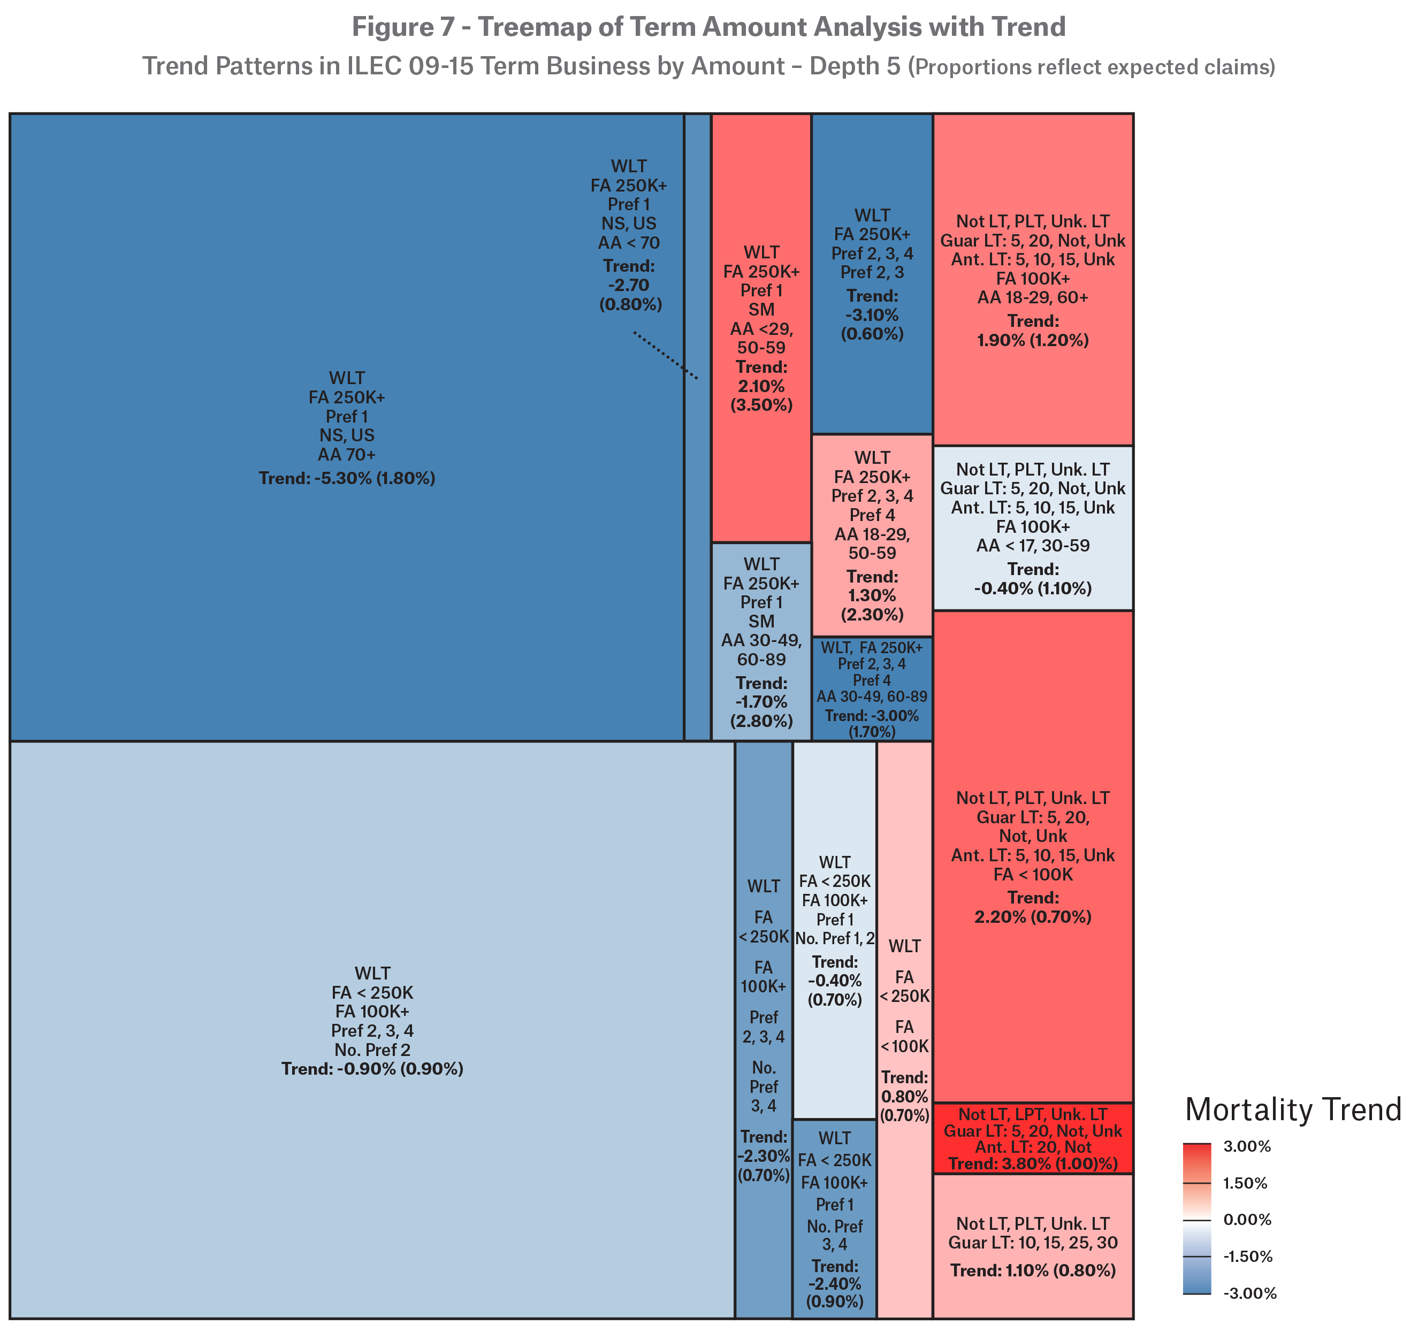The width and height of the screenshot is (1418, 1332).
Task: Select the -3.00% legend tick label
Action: [1249, 1293]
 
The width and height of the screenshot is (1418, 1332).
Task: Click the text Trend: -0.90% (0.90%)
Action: [372, 1069]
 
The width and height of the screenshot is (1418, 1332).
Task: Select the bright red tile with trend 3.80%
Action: [1033, 1139]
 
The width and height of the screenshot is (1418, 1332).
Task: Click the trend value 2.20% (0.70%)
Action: [1033, 917]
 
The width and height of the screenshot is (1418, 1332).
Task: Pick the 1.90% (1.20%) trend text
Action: [1033, 340]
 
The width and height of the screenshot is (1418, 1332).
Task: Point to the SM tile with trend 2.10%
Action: [761, 328]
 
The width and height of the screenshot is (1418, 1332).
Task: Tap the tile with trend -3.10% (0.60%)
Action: [872, 274]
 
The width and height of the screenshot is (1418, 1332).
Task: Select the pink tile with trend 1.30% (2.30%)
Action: [872, 535]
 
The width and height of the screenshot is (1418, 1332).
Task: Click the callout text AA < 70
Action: [628, 242]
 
